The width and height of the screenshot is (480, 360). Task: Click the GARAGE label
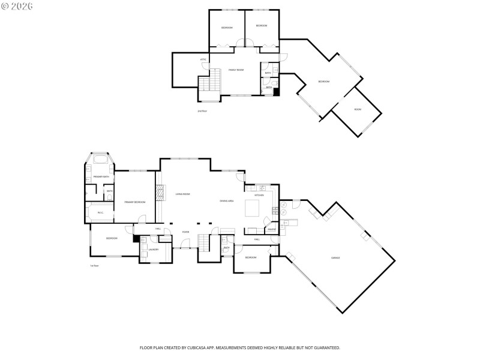pos(335,257)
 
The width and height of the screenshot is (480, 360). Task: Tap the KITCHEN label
pos(259,195)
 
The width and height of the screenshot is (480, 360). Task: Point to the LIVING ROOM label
pos(182,194)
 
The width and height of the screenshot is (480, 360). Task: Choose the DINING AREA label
pos(226,200)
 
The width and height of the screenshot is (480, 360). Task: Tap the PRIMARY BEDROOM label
pos(135,202)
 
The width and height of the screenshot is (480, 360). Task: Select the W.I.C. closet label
pos(101,212)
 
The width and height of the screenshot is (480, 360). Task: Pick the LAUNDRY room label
pos(153,249)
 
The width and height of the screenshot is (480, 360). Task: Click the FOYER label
pos(186,232)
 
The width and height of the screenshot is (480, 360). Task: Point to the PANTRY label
pos(271,229)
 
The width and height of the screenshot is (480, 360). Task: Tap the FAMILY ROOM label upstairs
pos(236,70)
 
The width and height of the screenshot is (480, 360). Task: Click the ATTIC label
pos(203,59)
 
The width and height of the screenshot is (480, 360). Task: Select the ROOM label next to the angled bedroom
pos(358,109)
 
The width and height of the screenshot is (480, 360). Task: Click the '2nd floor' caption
pos(202,111)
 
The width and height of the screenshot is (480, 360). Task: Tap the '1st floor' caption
pos(94,265)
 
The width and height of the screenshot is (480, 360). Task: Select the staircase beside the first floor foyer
pos(205,243)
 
